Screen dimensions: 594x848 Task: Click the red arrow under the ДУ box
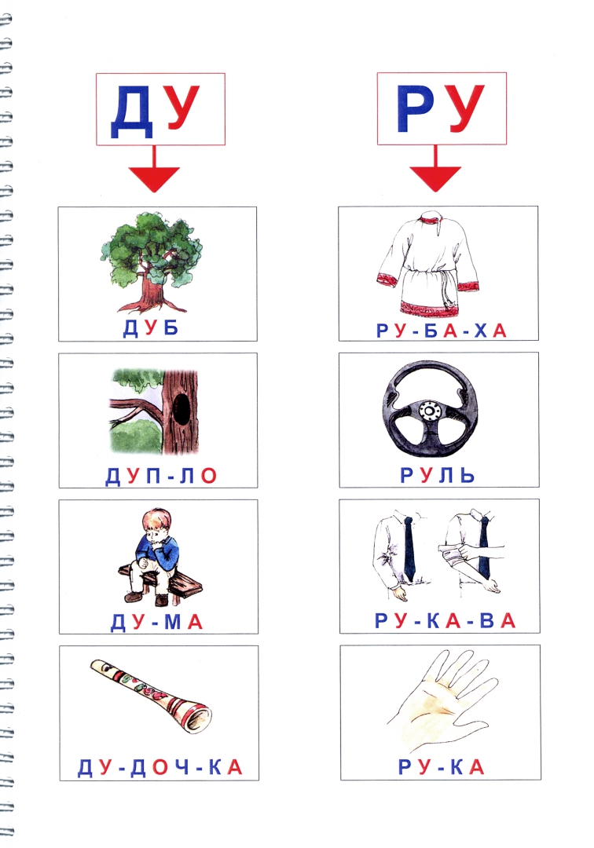(154, 169)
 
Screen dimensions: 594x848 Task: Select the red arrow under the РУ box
(435, 168)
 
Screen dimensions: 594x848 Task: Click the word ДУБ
(151, 327)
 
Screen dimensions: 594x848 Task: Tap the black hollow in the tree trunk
(182, 409)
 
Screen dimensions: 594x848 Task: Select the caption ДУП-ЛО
(160, 476)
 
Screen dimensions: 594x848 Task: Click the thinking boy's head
(156, 522)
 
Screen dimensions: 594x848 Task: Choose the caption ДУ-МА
(157, 622)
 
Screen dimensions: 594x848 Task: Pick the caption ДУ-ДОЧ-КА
(159, 767)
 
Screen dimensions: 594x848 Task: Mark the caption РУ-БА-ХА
(442, 331)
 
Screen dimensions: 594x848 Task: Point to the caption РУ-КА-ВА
(445, 621)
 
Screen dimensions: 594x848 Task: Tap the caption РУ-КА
(441, 767)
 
